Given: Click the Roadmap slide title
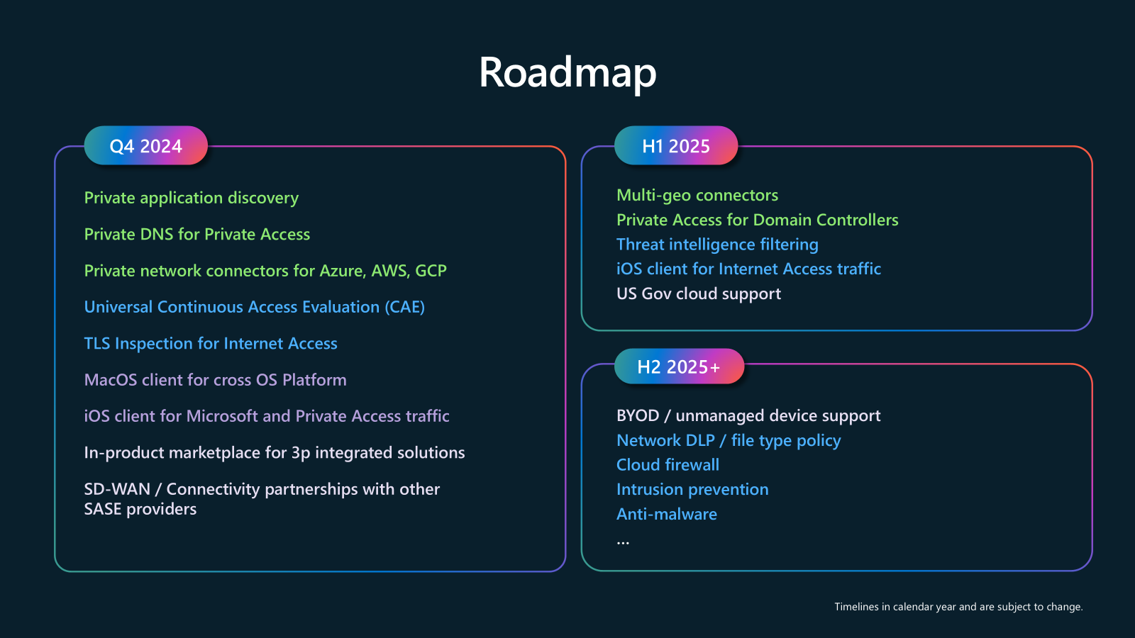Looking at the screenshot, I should click(567, 72).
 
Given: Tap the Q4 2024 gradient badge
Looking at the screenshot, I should click(146, 146).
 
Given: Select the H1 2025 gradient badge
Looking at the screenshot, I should click(675, 146).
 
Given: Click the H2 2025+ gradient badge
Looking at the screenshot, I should click(678, 366).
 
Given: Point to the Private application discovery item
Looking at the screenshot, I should click(191, 198).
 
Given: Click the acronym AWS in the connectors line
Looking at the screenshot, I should click(389, 271).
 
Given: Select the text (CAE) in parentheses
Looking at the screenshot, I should click(404, 307).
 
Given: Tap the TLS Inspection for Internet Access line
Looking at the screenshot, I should click(211, 344).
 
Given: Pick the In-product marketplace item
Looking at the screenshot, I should click(274, 453).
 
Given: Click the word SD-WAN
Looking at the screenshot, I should click(117, 489).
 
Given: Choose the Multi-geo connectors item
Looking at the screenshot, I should click(697, 195).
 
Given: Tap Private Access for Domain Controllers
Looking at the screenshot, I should click(757, 220).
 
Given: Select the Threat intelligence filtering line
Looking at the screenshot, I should click(716, 245).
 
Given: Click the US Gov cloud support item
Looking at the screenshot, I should click(698, 293).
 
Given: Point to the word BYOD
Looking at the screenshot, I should click(638, 415).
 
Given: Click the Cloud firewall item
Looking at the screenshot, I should click(668, 465).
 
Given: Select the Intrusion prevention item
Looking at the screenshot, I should click(692, 490).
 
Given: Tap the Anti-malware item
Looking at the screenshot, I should click(666, 514).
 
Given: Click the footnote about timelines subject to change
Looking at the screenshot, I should click(958, 607).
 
